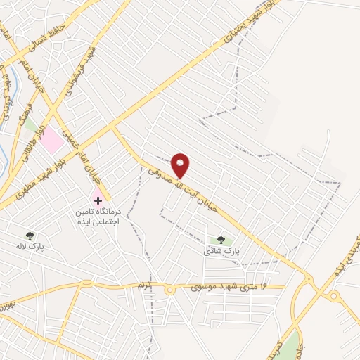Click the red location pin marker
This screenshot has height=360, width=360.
(x=181, y=165)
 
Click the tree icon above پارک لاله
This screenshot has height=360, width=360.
(x=30, y=236)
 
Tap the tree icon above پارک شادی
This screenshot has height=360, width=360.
(x=221, y=240)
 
